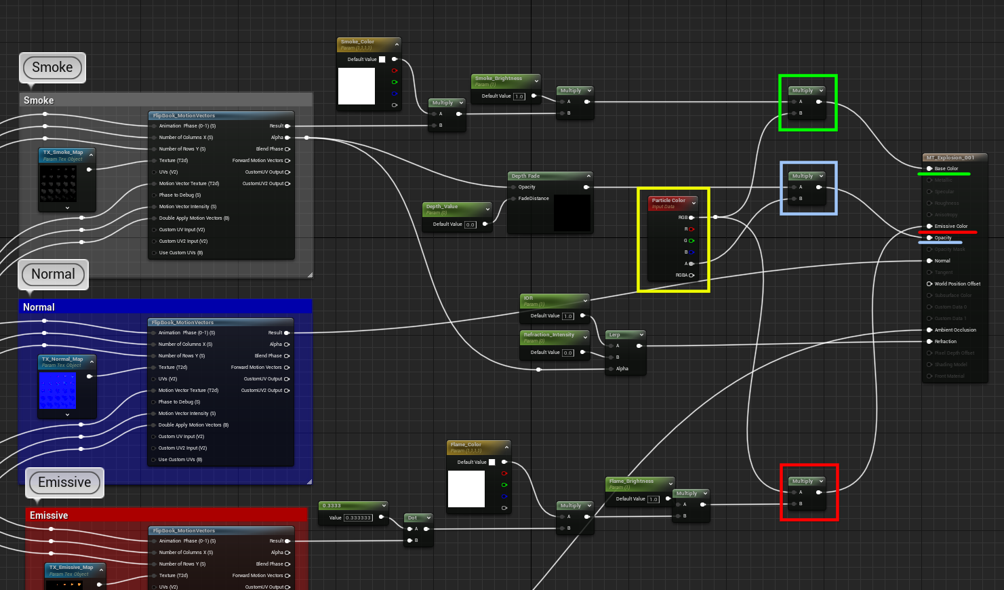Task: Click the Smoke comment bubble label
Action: (x=52, y=67)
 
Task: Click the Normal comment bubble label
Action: (x=53, y=274)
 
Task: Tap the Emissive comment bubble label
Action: (x=64, y=482)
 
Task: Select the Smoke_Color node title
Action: (x=358, y=42)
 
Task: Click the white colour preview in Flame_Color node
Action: (x=466, y=489)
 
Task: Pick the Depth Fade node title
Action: (x=526, y=176)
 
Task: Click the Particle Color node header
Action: (x=668, y=201)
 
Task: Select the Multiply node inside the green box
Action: (x=803, y=90)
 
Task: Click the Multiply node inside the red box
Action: (x=803, y=481)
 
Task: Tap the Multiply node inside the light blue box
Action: (x=803, y=176)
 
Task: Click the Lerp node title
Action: (x=615, y=334)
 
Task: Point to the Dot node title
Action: (x=413, y=517)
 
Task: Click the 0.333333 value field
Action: (x=358, y=517)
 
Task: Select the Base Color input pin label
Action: (x=946, y=168)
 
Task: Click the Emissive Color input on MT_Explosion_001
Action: (x=950, y=226)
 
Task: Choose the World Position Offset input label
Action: (x=957, y=283)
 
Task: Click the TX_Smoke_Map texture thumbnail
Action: (x=58, y=184)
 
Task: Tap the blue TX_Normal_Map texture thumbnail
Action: (x=58, y=391)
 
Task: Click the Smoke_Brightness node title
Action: (x=499, y=79)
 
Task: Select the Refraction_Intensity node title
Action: (x=549, y=334)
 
